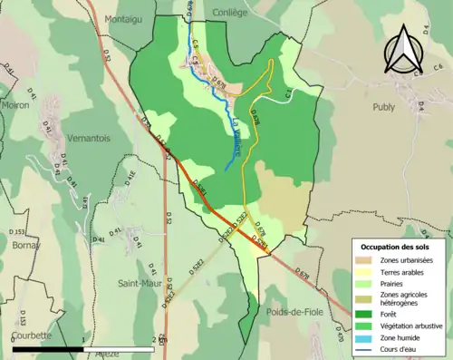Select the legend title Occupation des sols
[395, 247]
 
